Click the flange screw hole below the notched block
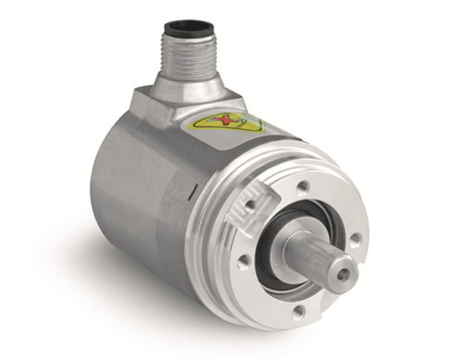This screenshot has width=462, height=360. tap(243, 262)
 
